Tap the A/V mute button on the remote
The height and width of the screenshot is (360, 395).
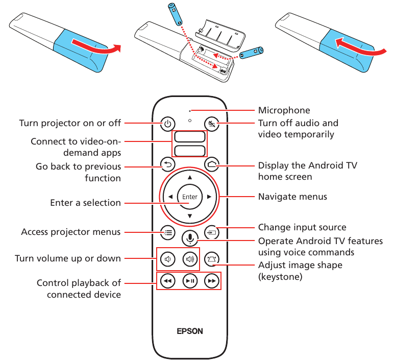point(211,123)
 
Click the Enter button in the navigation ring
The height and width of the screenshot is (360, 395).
point(189,197)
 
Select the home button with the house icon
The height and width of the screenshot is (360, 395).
point(211,164)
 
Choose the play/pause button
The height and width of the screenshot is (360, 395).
point(189,281)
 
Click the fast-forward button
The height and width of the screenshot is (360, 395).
point(211,281)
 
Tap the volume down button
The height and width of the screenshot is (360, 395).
point(168,259)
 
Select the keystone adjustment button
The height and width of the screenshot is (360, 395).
point(211,259)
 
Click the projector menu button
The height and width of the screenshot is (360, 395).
point(168,232)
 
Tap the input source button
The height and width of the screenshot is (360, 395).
point(211,232)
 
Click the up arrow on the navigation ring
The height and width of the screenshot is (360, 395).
point(189,177)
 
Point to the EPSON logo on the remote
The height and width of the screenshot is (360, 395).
point(190,331)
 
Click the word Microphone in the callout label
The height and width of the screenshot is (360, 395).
point(284,110)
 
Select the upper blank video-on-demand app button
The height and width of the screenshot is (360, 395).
point(189,137)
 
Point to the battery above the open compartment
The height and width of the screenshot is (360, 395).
point(178,14)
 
